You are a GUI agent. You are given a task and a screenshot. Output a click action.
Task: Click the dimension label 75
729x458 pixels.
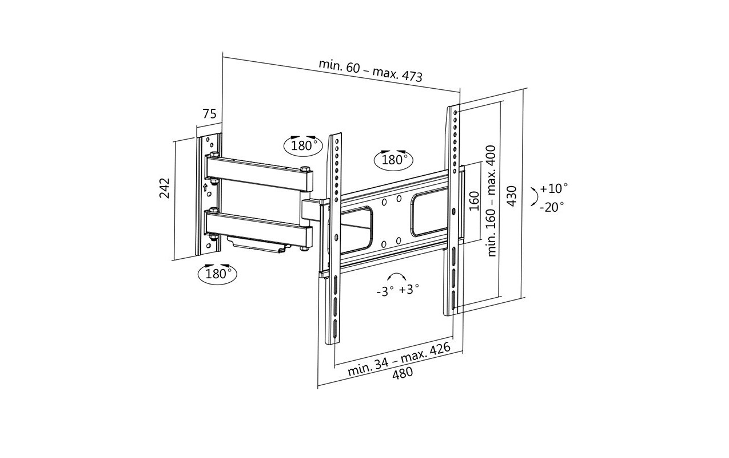210,114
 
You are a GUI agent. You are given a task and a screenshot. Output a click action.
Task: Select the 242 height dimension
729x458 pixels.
165,188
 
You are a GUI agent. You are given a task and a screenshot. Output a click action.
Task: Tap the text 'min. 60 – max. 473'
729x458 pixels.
371,70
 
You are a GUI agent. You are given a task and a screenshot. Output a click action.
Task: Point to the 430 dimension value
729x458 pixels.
512,196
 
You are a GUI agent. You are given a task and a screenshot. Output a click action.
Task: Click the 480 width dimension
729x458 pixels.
403,373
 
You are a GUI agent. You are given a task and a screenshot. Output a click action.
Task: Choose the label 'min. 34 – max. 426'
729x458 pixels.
399,358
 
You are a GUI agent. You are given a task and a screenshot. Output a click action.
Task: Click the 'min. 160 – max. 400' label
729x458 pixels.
491,201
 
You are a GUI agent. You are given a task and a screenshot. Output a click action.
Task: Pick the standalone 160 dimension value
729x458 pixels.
475,201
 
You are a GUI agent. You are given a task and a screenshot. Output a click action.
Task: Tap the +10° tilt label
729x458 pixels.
553,188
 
